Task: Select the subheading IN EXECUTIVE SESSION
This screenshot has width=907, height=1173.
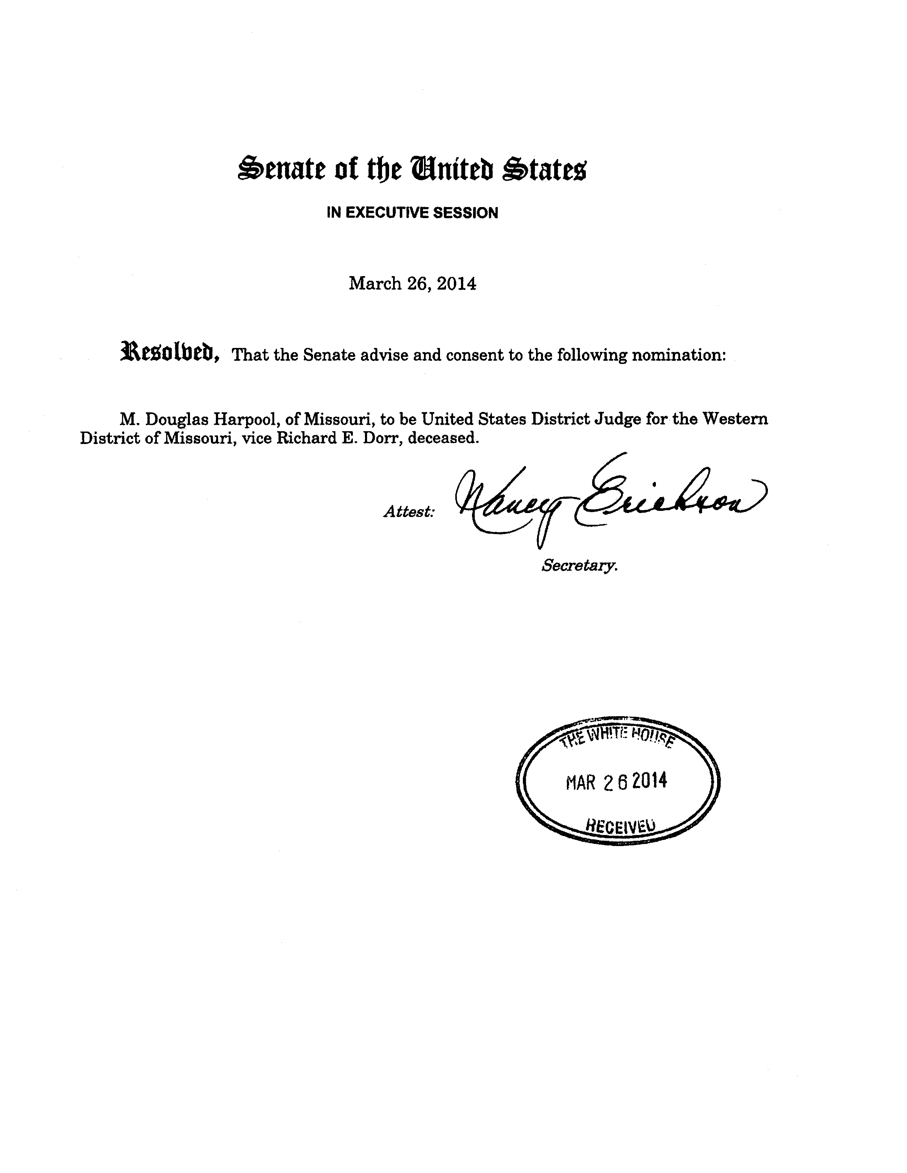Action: [x=413, y=213]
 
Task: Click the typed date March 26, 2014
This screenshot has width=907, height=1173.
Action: [x=413, y=284]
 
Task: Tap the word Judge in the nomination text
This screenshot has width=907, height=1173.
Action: [x=616, y=419]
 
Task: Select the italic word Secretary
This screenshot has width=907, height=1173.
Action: [x=579, y=566]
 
